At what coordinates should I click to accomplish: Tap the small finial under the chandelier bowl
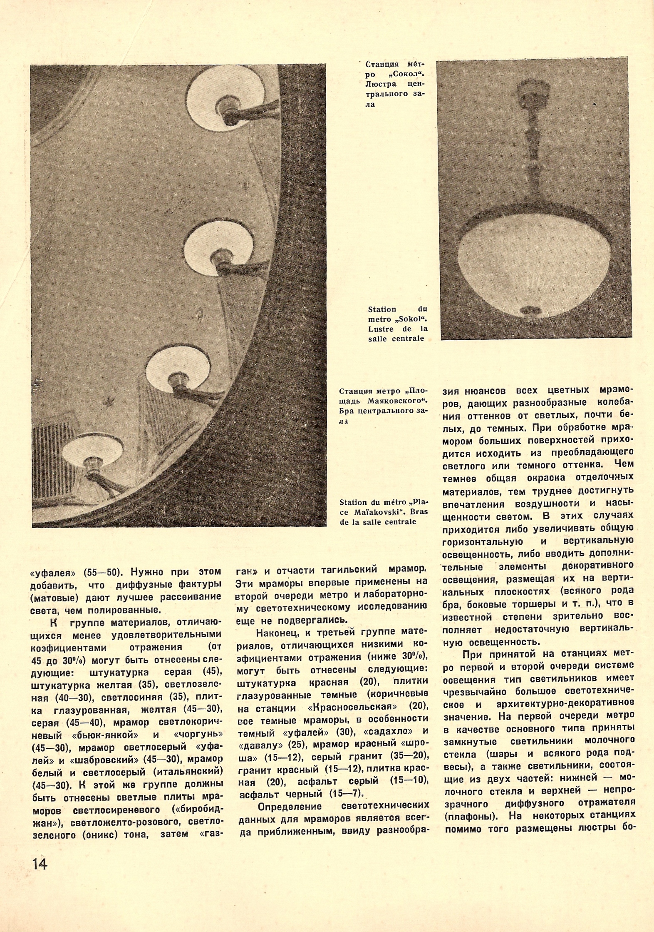click(x=530, y=310)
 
